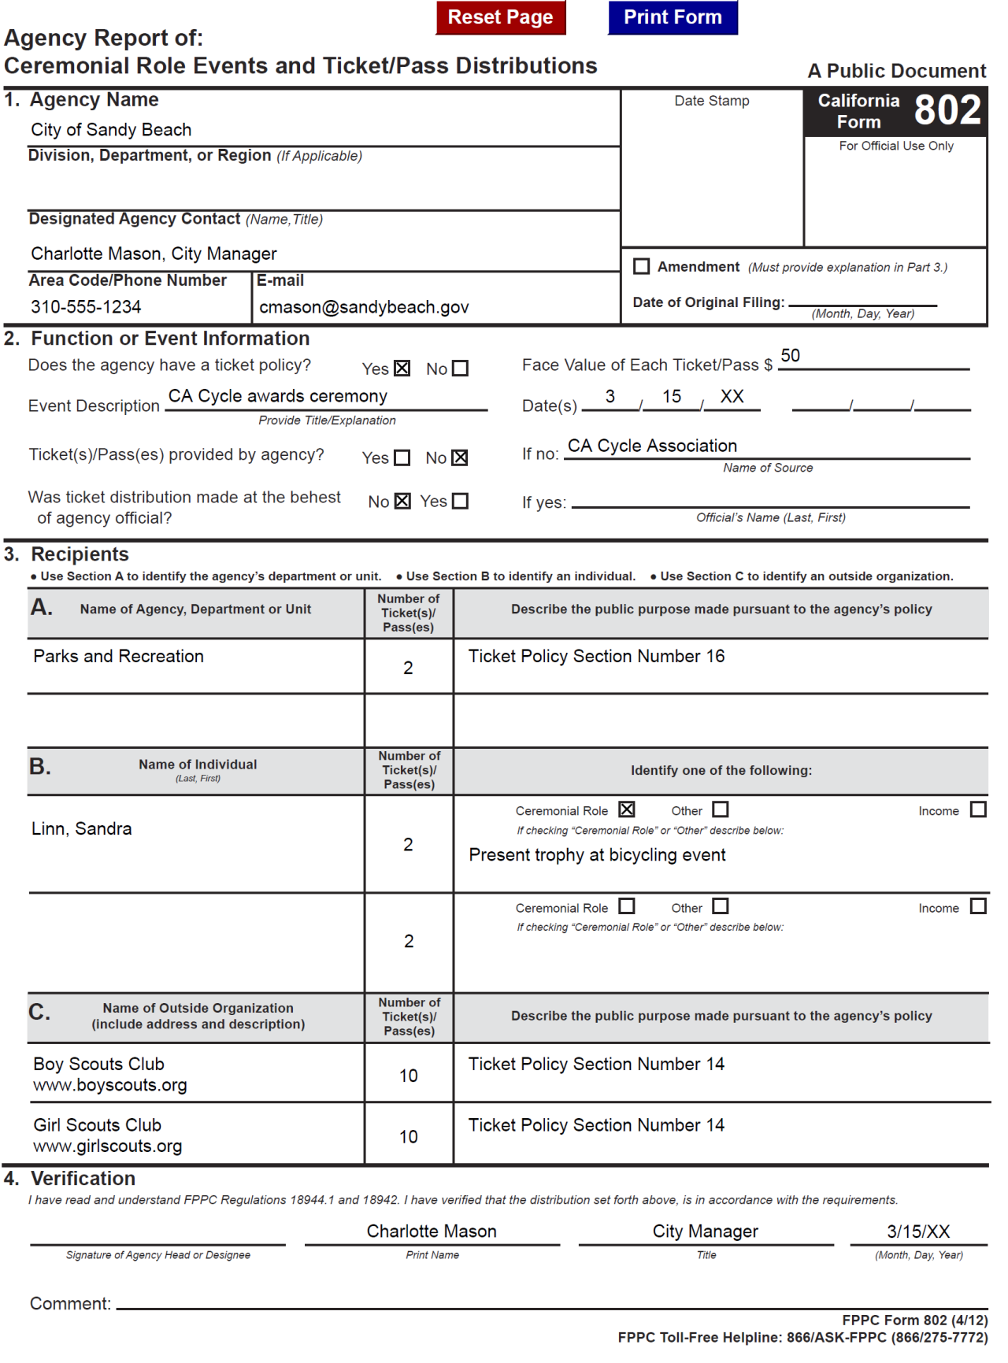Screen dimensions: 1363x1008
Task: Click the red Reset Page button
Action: (500, 17)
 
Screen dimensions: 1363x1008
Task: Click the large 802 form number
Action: (947, 110)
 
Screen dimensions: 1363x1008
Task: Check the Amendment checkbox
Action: (642, 267)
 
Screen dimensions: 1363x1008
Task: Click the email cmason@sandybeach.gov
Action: (364, 307)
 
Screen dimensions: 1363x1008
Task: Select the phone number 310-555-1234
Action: (86, 307)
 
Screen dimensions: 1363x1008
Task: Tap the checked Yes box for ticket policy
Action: (402, 369)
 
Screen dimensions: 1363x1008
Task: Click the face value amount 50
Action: (790, 356)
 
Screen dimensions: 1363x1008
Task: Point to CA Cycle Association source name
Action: (652, 446)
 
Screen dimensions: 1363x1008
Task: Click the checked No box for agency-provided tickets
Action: (460, 457)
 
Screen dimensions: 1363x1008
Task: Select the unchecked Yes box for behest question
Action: (461, 501)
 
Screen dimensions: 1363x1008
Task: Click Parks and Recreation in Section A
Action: (118, 656)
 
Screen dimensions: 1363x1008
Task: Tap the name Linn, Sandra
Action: (82, 828)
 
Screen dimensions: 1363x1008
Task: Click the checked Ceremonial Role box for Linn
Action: (627, 809)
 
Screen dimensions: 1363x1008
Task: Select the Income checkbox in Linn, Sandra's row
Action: (978, 809)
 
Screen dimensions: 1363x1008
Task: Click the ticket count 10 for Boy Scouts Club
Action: (408, 1076)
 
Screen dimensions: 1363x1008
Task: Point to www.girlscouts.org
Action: (108, 1146)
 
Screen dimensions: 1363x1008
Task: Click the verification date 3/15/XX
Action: (918, 1232)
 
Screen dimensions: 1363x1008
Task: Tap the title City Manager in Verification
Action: (705, 1232)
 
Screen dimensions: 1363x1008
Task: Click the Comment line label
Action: (70, 1304)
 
